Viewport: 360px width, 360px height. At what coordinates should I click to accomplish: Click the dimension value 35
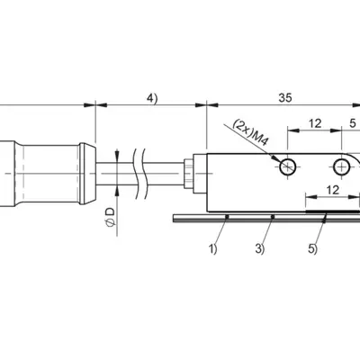tap(285, 98)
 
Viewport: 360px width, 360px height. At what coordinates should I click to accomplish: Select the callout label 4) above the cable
tap(152, 98)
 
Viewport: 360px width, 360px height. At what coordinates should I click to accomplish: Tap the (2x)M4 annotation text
tap(250, 132)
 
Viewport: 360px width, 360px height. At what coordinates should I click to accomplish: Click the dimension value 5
tap(353, 123)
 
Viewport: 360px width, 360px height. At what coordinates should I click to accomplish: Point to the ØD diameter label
tap(111, 217)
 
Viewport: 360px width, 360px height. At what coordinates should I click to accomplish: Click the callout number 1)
tap(212, 249)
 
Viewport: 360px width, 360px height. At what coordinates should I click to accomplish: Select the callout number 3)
tap(260, 249)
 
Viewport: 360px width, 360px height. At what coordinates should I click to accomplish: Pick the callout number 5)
tap(312, 249)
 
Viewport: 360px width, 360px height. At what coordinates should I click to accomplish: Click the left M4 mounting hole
tap(288, 166)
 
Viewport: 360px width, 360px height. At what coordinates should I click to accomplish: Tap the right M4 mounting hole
tap(342, 166)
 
